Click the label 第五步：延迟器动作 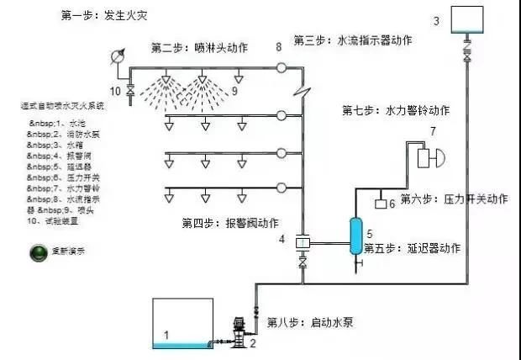point(418,248)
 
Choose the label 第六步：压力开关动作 point(454,199)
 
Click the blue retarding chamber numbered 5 point(355,235)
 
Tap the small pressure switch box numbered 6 point(381,204)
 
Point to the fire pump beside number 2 point(239,332)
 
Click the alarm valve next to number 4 point(302,243)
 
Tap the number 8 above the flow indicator point(279,45)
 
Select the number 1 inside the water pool point(166,335)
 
